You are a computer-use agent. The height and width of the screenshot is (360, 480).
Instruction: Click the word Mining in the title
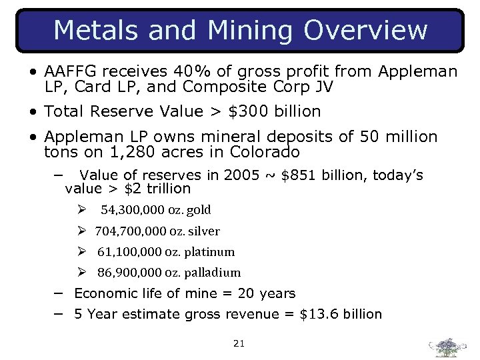tap(251, 30)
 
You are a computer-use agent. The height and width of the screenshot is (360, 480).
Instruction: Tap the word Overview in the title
tap(365, 30)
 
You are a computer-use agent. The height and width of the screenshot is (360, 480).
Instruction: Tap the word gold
tap(199, 210)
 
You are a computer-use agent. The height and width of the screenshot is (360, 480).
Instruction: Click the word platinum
tap(211, 252)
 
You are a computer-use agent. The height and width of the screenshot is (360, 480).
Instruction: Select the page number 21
tap(239, 344)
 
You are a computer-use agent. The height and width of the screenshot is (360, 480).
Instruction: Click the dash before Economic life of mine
tap(59, 293)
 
